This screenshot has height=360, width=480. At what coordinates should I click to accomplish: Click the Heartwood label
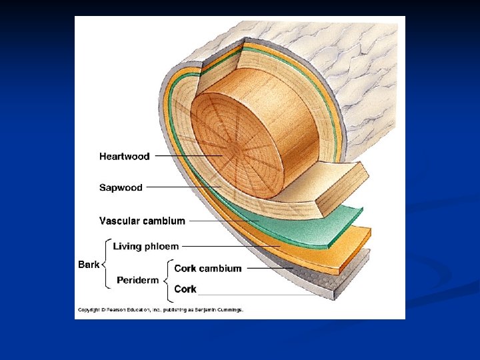pos(125,157)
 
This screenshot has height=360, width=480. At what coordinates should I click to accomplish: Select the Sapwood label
pos(121,187)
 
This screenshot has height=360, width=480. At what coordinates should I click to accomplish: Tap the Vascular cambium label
pos(142,221)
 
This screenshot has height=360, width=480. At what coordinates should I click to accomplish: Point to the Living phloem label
pos(146,247)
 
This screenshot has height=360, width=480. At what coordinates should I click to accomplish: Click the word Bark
pos(89,265)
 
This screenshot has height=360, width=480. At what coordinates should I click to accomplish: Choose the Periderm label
pos(138,280)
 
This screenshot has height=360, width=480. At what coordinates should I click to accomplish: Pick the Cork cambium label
pos(207,269)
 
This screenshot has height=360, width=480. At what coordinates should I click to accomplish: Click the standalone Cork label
pos(185,289)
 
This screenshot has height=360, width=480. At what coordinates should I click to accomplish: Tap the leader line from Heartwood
pos(187,157)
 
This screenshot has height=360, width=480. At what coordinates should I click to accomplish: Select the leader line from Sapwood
pos(183,187)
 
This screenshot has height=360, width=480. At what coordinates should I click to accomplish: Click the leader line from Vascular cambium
pos(223,221)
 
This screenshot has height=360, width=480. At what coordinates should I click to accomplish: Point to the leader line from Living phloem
pos(230,247)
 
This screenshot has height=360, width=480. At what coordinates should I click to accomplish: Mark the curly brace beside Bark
pos(105,265)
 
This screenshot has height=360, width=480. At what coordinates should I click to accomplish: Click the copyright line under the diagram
pos(160,309)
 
